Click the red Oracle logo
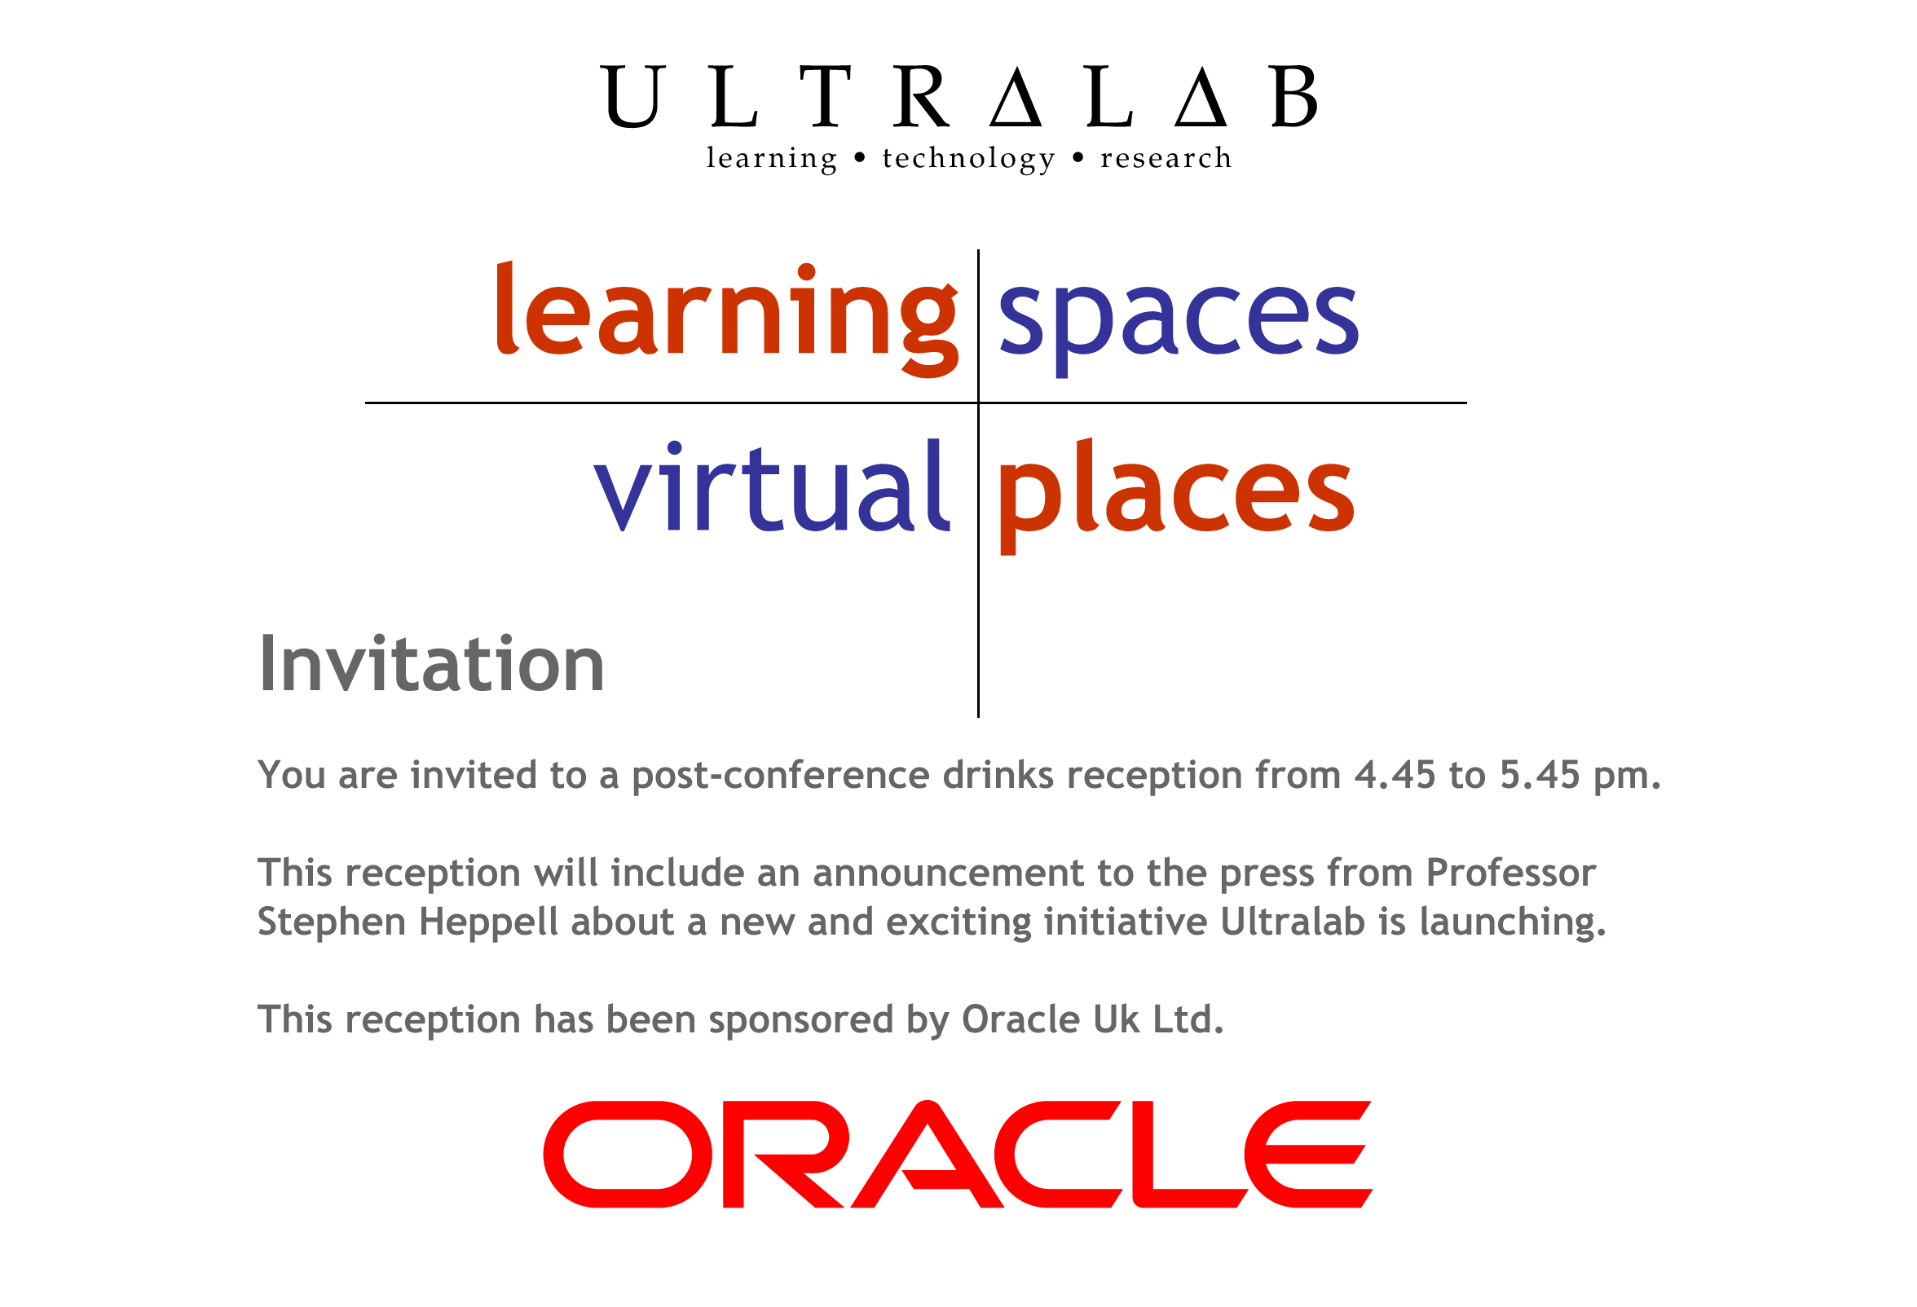[958, 1154]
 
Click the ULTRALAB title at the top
[958, 96]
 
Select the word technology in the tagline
[968, 158]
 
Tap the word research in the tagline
[1166, 157]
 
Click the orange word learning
[727, 319]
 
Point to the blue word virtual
[772, 486]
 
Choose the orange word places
[1175, 496]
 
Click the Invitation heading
[431, 664]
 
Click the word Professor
[1511, 874]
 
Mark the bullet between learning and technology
[860, 157]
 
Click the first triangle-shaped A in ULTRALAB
[1016, 99]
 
